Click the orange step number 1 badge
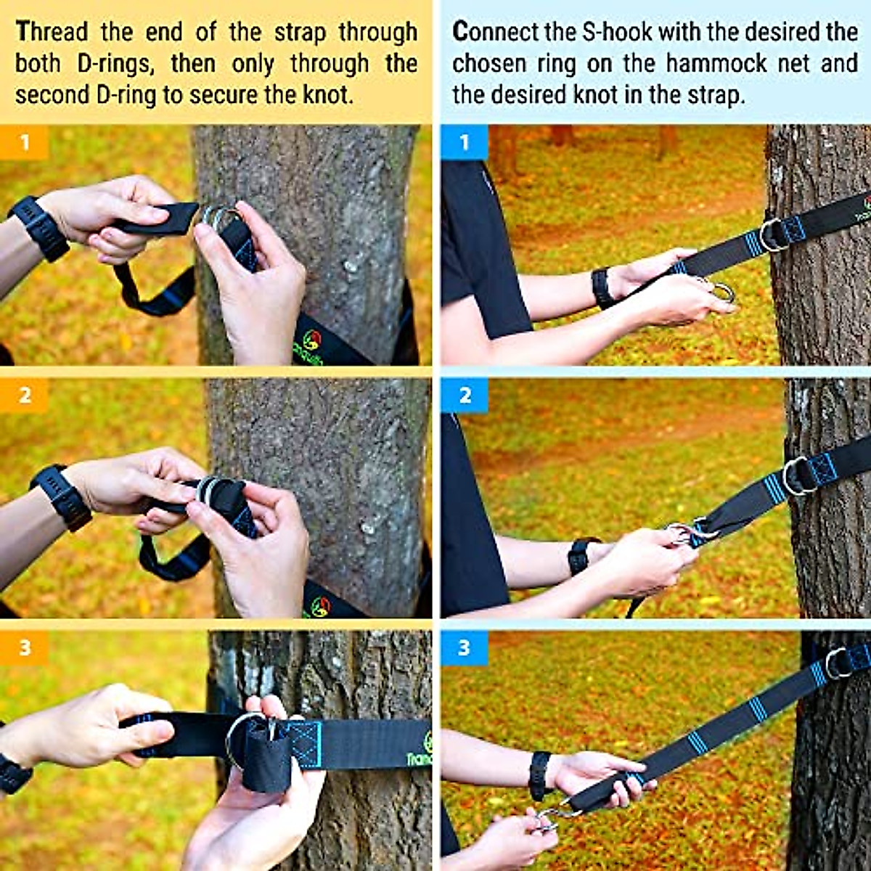point(24,142)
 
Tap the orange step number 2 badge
point(24,396)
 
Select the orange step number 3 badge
point(24,647)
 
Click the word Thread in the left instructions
point(52,32)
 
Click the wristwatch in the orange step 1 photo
point(40,227)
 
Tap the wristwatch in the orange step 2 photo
point(61,496)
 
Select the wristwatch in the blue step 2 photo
point(581,556)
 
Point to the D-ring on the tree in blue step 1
point(772,234)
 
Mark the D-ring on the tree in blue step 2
point(796,475)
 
